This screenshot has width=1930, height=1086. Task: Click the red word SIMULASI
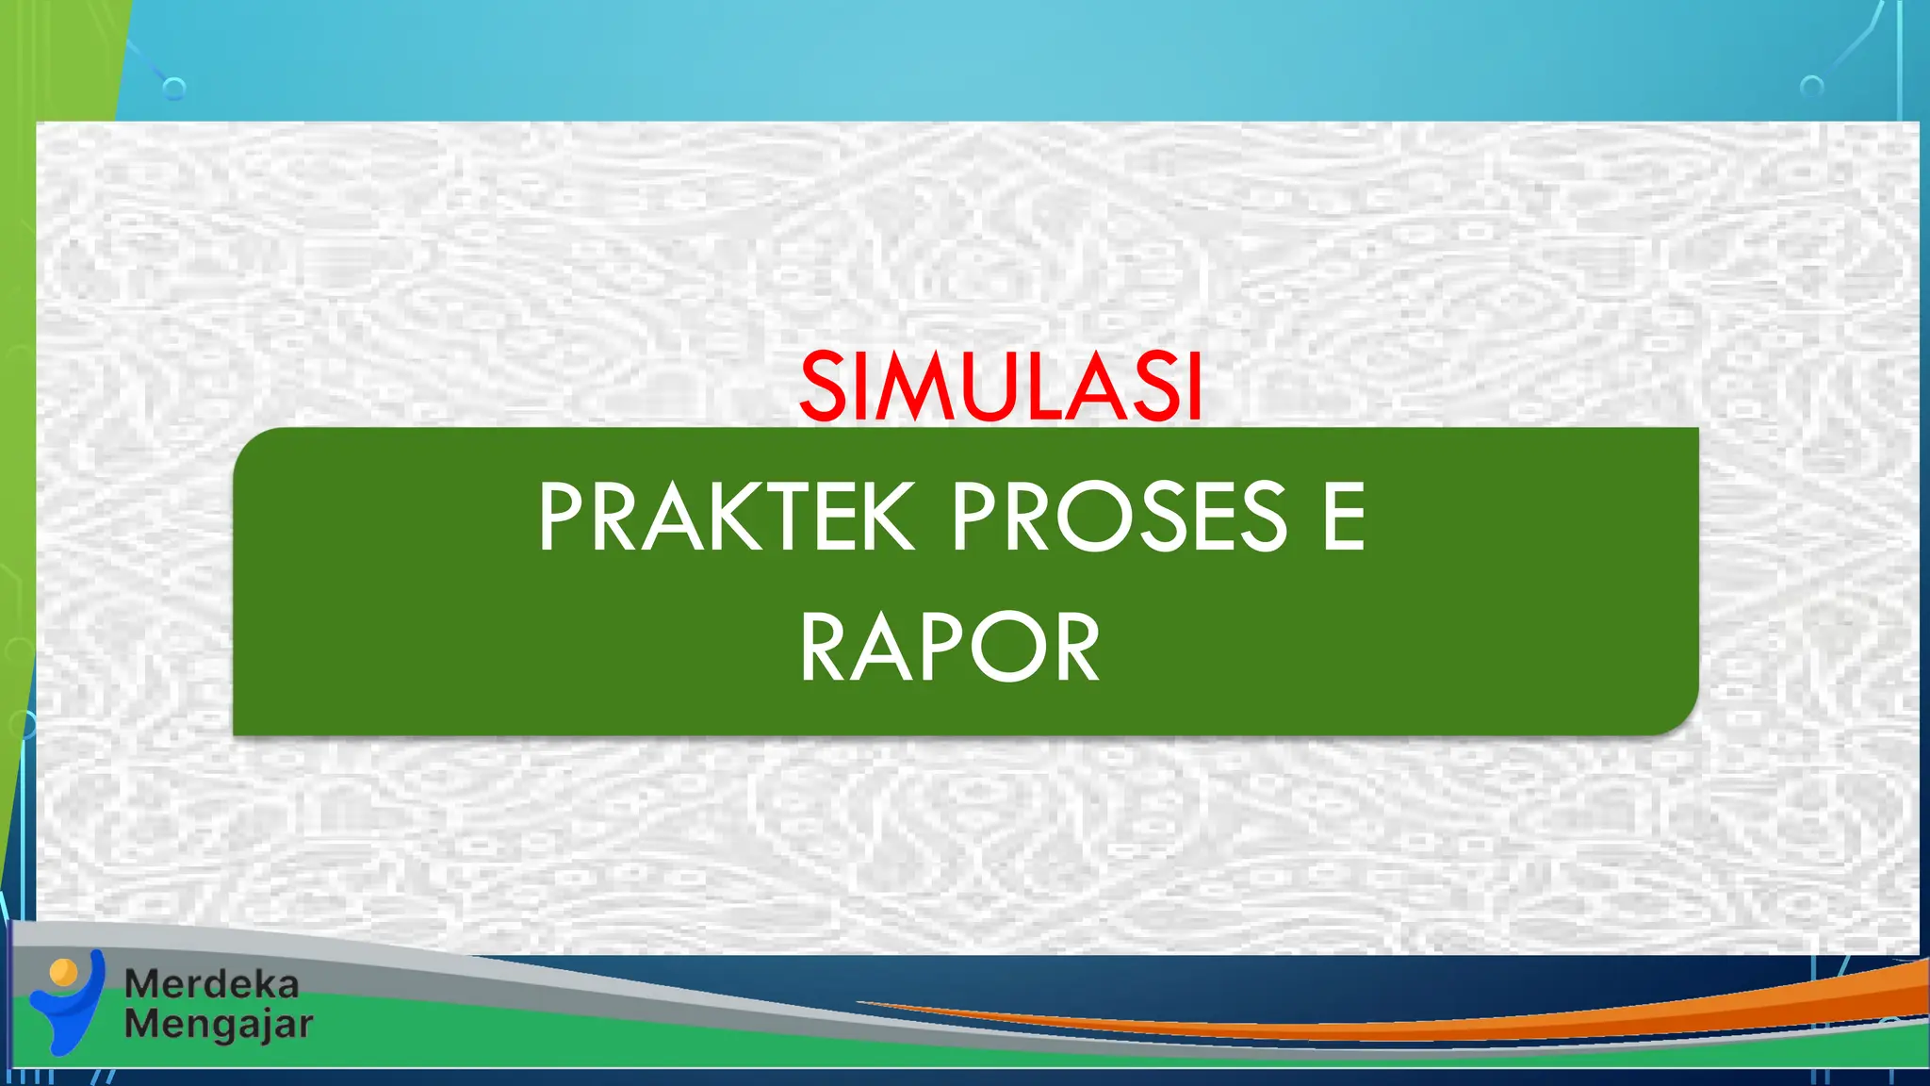pyautogui.click(x=1001, y=387)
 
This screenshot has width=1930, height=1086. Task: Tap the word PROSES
pyautogui.click(x=1119, y=517)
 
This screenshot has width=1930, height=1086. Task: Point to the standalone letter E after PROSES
pyautogui.click(x=1344, y=517)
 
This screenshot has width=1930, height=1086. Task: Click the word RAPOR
pyautogui.click(x=950, y=648)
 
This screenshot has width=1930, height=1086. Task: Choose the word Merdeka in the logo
pyautogui.click(x=212, y=984)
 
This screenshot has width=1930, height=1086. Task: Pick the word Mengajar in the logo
pyautogui.click(x=219, y=1025)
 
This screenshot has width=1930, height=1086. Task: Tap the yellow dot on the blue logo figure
pyautogui.click(x=63, y=971)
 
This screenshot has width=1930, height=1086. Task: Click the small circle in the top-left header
pyautogui.click(x=173, y=90)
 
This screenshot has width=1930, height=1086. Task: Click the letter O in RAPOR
pyautogui.click(x=1002, y=648)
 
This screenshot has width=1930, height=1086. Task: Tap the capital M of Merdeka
pyautogui.click(x=141, y=984)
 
